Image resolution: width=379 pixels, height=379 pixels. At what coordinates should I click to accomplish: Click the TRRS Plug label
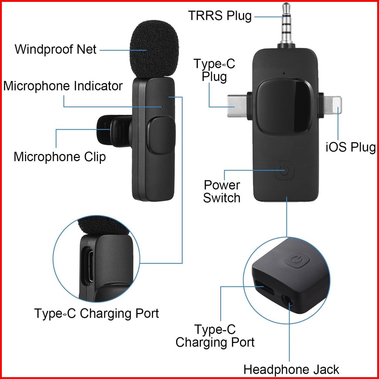(x=220, y=16)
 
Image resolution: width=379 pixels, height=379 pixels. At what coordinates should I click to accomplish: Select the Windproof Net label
(x=55, y=49)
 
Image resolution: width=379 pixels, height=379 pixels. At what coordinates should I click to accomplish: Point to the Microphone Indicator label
(x=63, y=86)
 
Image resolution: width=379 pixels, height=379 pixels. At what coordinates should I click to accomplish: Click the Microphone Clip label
(x=60, y=157)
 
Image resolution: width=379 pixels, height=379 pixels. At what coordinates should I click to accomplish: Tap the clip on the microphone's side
(x=112, y=129)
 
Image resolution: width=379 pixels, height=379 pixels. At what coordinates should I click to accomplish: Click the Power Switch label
(x=222, y=191)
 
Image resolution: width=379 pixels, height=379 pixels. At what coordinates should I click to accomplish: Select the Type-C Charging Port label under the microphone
(x=96, y=314)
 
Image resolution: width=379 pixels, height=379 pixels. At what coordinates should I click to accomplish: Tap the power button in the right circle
(x=297, y=261)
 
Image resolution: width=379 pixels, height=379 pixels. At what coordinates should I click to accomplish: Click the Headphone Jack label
(x=291, y=369)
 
